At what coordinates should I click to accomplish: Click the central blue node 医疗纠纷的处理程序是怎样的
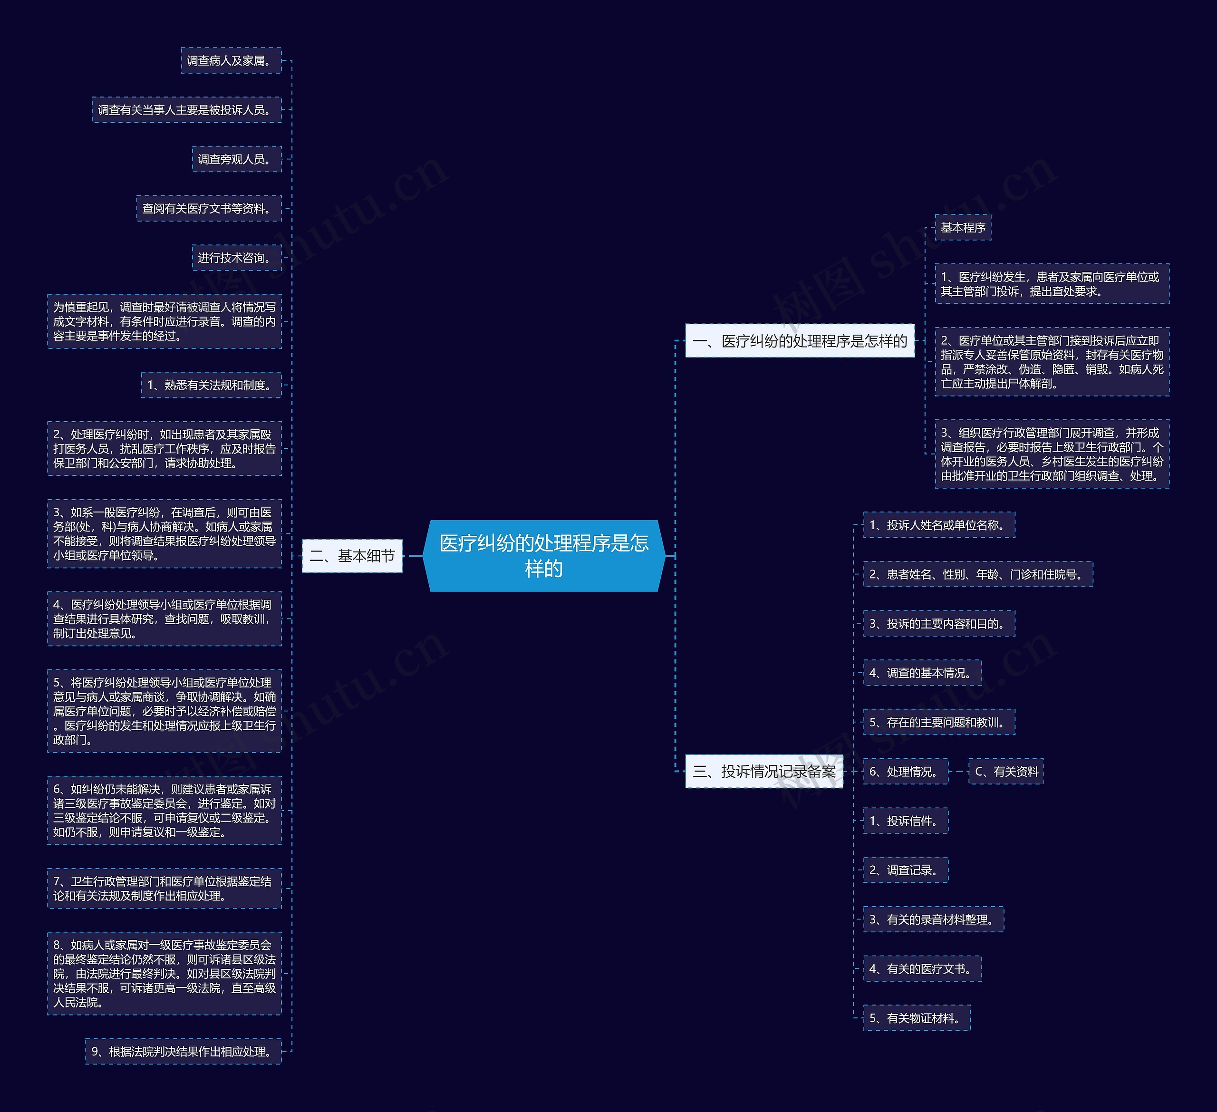(543, 555)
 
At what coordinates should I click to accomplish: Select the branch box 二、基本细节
(352, 555)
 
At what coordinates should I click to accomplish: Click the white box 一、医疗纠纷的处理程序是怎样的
(800, 340)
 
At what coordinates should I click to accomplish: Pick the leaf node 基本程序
(963, 227)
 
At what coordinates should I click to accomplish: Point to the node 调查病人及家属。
(231, 60)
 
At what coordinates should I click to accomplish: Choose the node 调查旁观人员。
(237, 159)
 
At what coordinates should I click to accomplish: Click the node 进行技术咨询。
(237, 258)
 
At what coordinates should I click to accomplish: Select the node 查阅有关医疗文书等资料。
(209, 208)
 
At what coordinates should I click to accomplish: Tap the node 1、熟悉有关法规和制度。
(211, 385)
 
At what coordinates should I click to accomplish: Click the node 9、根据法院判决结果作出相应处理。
(184, 1051)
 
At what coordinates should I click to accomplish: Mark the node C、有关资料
(1006, 771)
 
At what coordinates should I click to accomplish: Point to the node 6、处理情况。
(906, 771)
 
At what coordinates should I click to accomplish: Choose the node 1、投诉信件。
(906, 821)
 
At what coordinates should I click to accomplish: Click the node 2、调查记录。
(906, 870)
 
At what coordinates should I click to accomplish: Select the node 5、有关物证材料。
(917, 1018)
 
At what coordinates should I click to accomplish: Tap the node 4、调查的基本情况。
(922, 673)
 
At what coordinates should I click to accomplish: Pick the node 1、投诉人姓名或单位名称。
(939, 524)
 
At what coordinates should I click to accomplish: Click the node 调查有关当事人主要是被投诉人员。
(186, 110)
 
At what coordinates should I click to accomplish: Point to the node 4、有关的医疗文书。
(922, 968)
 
